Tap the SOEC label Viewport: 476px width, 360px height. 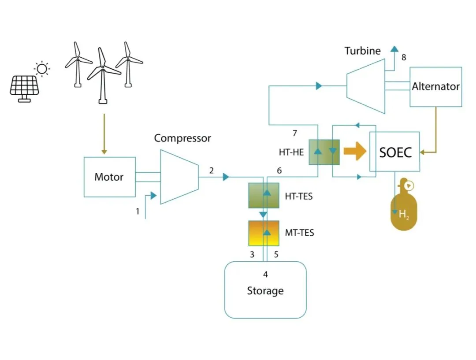click(395, 152)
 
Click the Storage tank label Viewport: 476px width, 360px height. click(265, 291)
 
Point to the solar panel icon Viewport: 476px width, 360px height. click(24, 89)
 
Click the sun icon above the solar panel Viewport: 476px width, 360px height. click(42, 69)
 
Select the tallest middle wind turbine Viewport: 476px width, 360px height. click(103, 76)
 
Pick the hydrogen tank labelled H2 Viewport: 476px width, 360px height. click(404, 204)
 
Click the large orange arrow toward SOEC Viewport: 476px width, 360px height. click(355, 151)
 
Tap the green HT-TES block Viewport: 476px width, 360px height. click(264, 196)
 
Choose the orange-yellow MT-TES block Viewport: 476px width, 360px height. click(264, 233)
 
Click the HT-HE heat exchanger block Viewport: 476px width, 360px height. click(324, 152)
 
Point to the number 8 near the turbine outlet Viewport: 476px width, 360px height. click(404, 57)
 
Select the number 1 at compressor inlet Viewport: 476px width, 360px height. click(138, 211)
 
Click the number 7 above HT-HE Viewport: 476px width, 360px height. click(294, 133)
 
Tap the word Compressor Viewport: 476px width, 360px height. click(182, 138)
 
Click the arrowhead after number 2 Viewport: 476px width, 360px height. click(226, 177)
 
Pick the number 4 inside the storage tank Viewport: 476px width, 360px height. click(265, 275)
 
